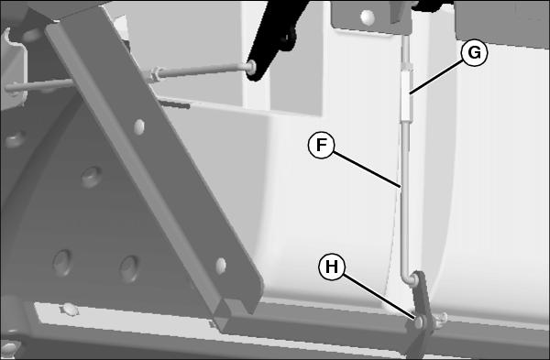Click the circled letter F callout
(x=322, y=145)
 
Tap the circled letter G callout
(x=474, y=53)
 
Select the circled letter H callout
(x=332, y=267)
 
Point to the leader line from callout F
(x=367, y=169)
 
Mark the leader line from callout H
(x=379, y=297)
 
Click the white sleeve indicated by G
(x=406, y=94)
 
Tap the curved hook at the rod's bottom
(x=409, y=278)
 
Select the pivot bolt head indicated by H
(x=419, y=322)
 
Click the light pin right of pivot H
(x=441, y=320)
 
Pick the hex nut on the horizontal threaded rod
(x=154, y=75)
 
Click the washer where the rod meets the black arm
(x=251, y=66)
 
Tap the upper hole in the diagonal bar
(x=139, y=126)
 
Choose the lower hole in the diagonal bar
(x=221, y=266)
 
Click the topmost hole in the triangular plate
(x=92, y=177)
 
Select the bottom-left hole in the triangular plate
(x=62, y=262)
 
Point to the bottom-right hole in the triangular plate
(x=129, y=268)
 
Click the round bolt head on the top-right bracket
(x=368, y=17)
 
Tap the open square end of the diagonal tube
(x=236, y=306)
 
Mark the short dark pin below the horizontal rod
(x=174, y=104)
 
